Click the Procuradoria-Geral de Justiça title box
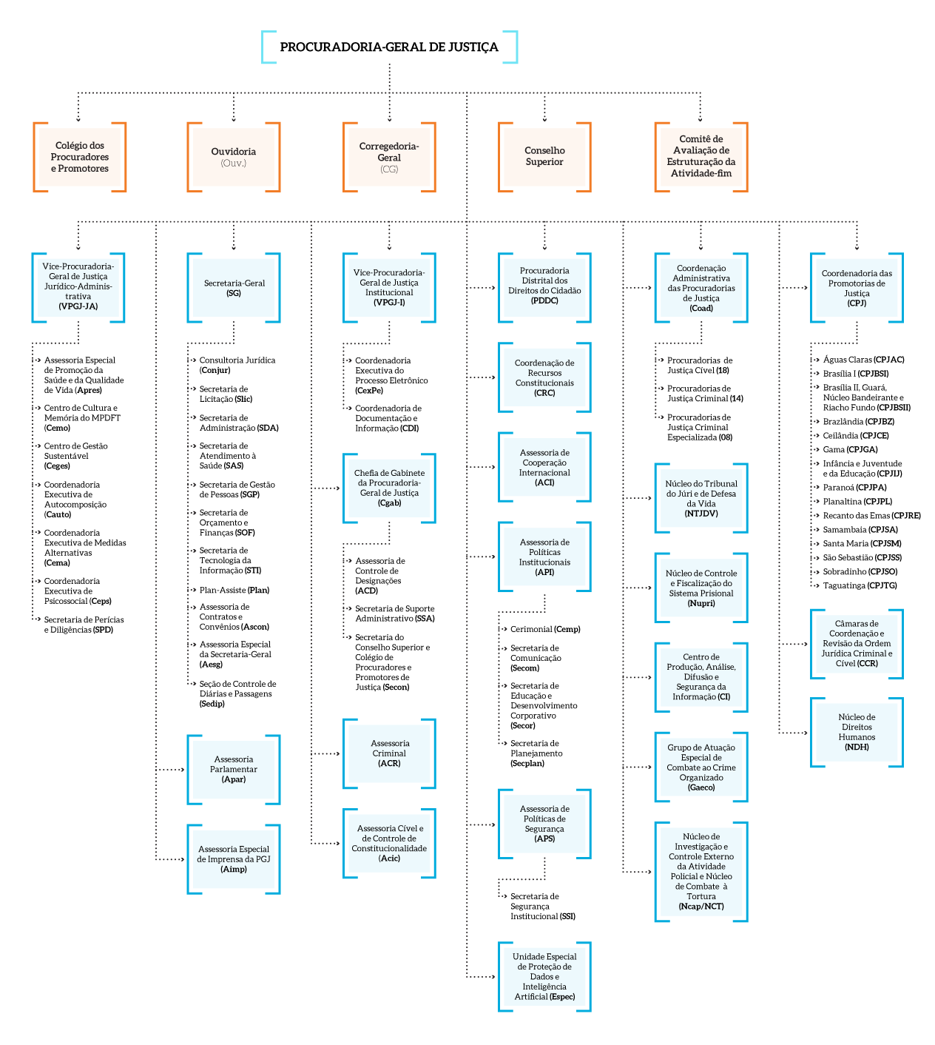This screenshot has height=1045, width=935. pos(389,47)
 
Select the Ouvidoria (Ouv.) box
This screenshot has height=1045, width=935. pos(234,157)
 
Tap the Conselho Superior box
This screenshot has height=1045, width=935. pos(544,156)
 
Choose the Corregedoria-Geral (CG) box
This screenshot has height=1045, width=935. pos(389,157)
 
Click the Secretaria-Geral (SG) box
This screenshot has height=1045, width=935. pos(234,288)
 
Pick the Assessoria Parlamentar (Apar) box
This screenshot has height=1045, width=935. pos(234,769)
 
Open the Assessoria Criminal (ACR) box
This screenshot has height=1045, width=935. pos(389,753)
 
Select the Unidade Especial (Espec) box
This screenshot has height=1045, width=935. pos(544,976)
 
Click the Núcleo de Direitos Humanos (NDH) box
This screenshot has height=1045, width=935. pos(857,732)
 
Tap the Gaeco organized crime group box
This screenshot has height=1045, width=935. pos(701,767)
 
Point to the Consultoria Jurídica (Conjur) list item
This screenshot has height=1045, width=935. pos(237,365)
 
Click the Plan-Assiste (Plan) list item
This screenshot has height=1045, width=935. pos(234,590)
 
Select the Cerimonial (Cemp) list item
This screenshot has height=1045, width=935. pos(545,629)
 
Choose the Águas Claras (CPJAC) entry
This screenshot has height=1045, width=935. pos(863,360)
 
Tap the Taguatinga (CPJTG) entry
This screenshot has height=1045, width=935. pos(860,585)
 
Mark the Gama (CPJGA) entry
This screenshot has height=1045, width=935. pos(850,449)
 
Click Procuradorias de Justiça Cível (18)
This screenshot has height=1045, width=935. pos(699,365)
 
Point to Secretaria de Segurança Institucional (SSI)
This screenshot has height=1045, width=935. pos(542,906)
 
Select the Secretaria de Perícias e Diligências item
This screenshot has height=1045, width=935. pos(84,625)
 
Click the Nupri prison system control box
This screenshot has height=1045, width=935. pos(701,588)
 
